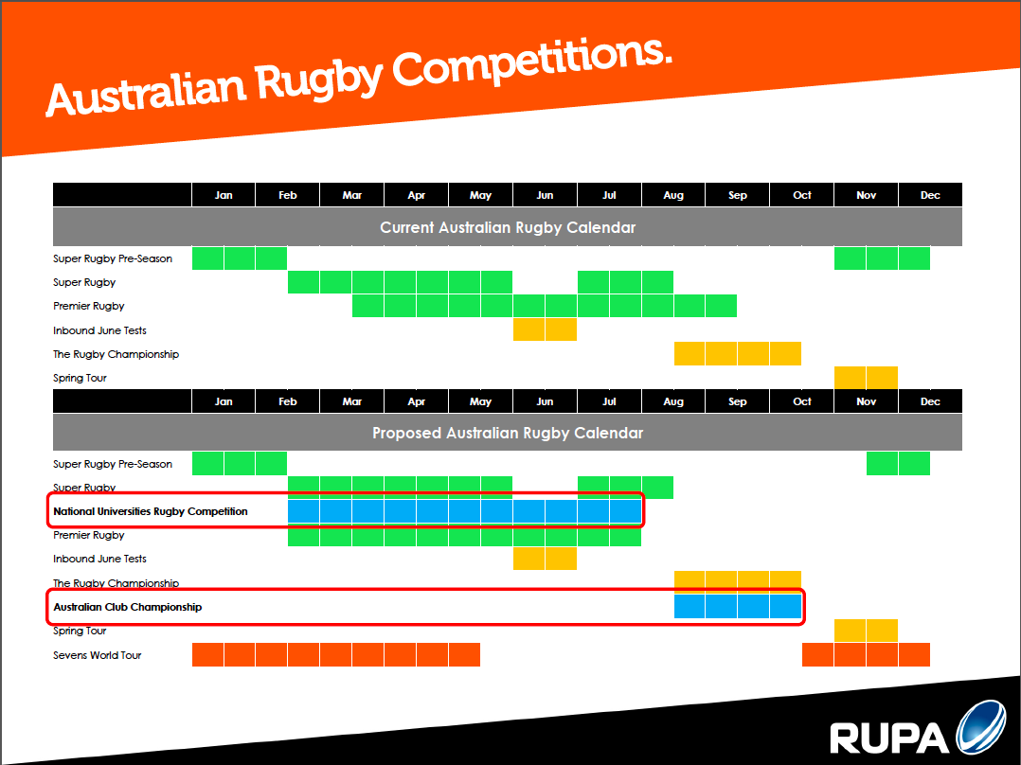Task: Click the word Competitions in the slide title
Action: coord(530,65)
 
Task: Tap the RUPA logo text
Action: coord(889,738)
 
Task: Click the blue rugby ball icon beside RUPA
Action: coord(981,727)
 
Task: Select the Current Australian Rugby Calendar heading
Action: coord(508,227)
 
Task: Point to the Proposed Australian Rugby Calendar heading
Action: coord(508,433)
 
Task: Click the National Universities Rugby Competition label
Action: coord(151,511)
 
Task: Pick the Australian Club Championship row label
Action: coord(128,607)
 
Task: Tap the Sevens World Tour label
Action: coord(97,655)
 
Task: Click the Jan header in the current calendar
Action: coord(224,195)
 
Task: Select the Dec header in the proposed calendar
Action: coord(930,401)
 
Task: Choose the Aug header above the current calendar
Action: coord(673,195)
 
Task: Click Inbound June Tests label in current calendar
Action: coord(99,330)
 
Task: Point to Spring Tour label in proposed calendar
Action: coord(80,631)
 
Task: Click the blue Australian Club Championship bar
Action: coord(737,606)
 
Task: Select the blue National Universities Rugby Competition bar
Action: coord(464,511)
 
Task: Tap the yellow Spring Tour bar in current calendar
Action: coord(866,378)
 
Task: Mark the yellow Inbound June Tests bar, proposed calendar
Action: coord(545,559)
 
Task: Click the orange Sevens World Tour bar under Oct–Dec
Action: coord(866,655)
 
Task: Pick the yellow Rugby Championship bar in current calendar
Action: coord(737,353)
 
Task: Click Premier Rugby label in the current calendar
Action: coord(89,306)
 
